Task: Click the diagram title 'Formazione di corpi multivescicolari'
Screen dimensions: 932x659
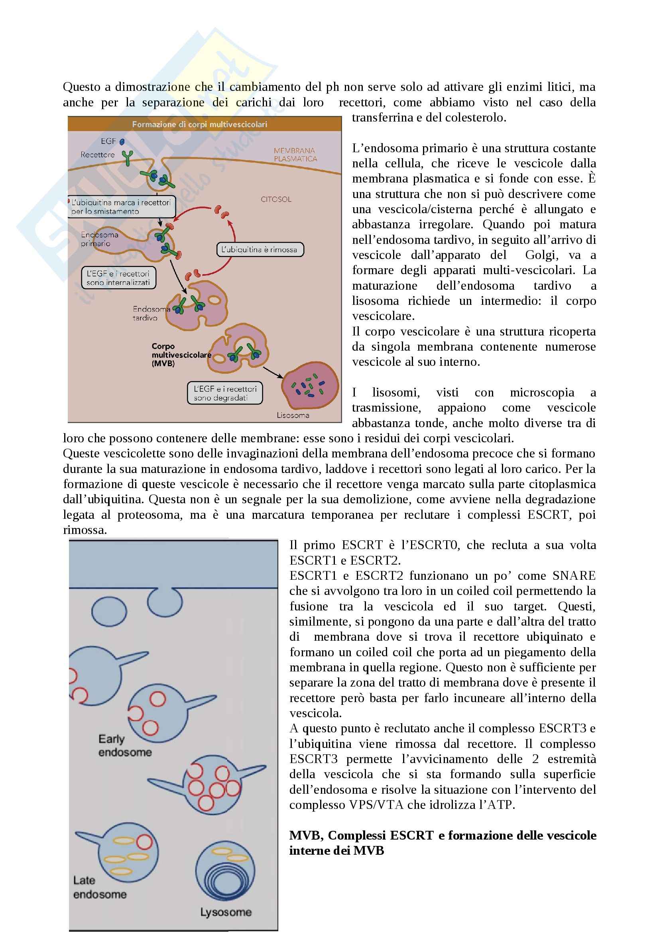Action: click(199, 124)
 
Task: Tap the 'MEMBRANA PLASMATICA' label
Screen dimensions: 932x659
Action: click(295, 155)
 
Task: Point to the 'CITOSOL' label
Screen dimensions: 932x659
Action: click(276, 199)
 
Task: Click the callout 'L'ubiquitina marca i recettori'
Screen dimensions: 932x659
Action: click(121, 207)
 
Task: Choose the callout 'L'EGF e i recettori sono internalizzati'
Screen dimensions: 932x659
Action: click(118, 278)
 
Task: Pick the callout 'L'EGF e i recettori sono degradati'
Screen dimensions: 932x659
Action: click(225, 393)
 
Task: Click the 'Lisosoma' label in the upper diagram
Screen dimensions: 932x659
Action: click(293, 415)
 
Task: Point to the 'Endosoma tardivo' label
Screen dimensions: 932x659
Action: click(151, 313)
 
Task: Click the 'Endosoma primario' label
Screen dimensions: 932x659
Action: click(99, 239)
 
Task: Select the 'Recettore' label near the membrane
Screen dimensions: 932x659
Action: click(97, 155)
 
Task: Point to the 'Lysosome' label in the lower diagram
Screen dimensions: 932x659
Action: click(225, 912)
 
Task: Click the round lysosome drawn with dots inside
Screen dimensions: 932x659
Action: click(310, 386)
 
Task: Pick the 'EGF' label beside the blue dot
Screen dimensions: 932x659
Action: click(108, 141)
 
